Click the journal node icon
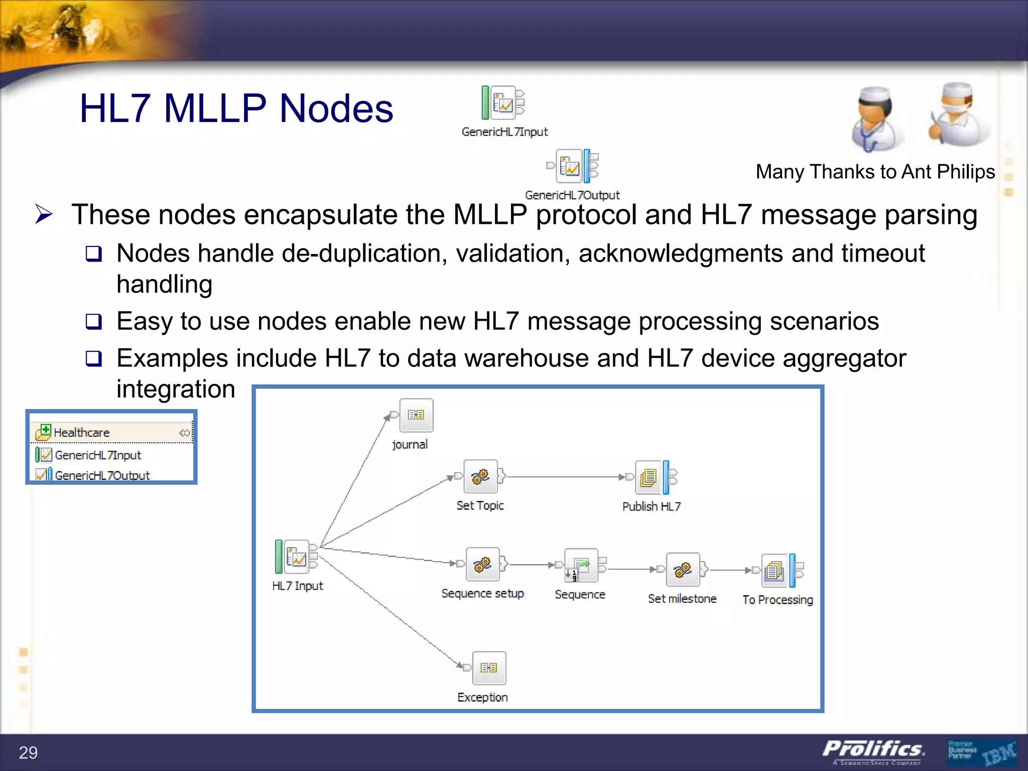(416, 415)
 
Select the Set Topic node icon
(480, 476)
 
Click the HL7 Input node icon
(296, 557)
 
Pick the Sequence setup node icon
(482, 564)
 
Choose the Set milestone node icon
(683, 570)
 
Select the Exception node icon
(489, 668)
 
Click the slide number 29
(28, 752)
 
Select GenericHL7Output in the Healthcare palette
(102, 475)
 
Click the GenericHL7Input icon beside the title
(503, 103)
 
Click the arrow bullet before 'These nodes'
(44, 214)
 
